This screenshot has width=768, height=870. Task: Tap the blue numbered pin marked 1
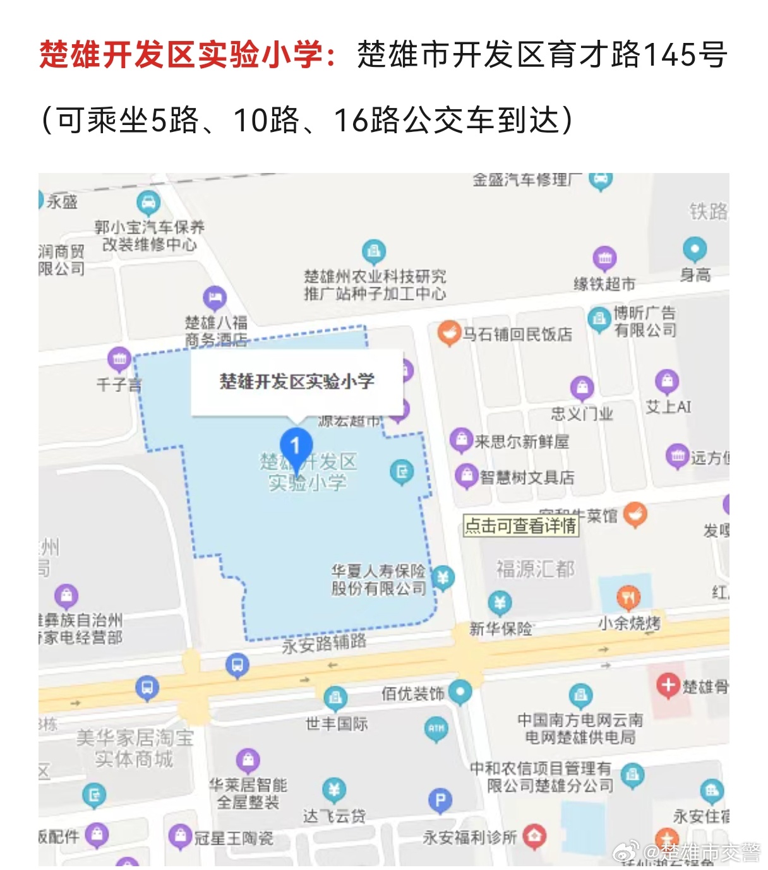(x=296, y=446)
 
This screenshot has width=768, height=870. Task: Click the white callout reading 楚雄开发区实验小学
(x=297, y=382)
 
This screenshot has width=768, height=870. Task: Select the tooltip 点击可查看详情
(x=521, y=525)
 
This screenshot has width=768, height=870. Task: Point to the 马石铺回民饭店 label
(x=517, y=334)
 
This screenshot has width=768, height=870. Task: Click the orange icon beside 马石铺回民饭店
(x=448, y=333)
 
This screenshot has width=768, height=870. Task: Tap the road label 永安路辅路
(x=324, y=643)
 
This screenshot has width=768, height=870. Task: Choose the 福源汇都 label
(x=535, y=569)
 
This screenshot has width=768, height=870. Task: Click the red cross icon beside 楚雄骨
(x=667, y=685)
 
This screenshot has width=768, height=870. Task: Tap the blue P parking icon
(x=440, y=801)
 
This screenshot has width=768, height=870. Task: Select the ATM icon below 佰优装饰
(x=436, y=728)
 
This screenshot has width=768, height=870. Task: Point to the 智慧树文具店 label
(x=527, y=477)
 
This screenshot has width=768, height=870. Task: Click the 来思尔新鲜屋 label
(x=522, y=441)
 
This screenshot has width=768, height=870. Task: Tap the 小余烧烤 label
(x=629, y=624)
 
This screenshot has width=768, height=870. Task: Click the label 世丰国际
(x=336, y=724)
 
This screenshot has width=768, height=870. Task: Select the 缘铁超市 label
(x=604, y=284)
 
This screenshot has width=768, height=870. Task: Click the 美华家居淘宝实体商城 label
(x=135, y=748)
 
